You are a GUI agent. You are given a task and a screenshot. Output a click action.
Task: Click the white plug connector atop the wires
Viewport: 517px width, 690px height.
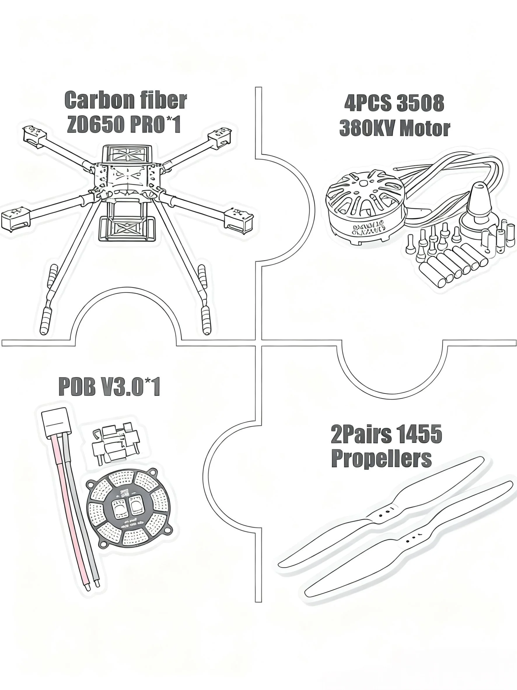coord(55,420)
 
